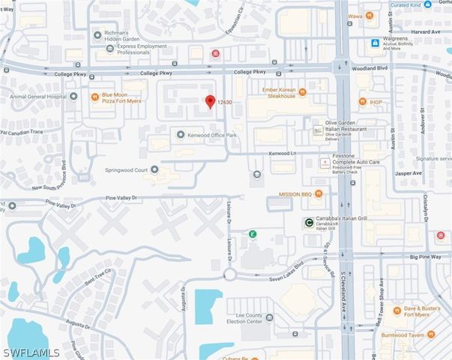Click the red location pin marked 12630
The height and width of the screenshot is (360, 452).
211,101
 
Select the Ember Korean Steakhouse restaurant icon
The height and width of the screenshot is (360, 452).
303,92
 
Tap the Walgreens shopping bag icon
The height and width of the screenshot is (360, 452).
374,43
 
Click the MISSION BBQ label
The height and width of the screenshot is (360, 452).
295,194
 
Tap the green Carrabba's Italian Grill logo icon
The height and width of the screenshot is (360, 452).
309,221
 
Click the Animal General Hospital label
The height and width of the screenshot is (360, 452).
31,95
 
